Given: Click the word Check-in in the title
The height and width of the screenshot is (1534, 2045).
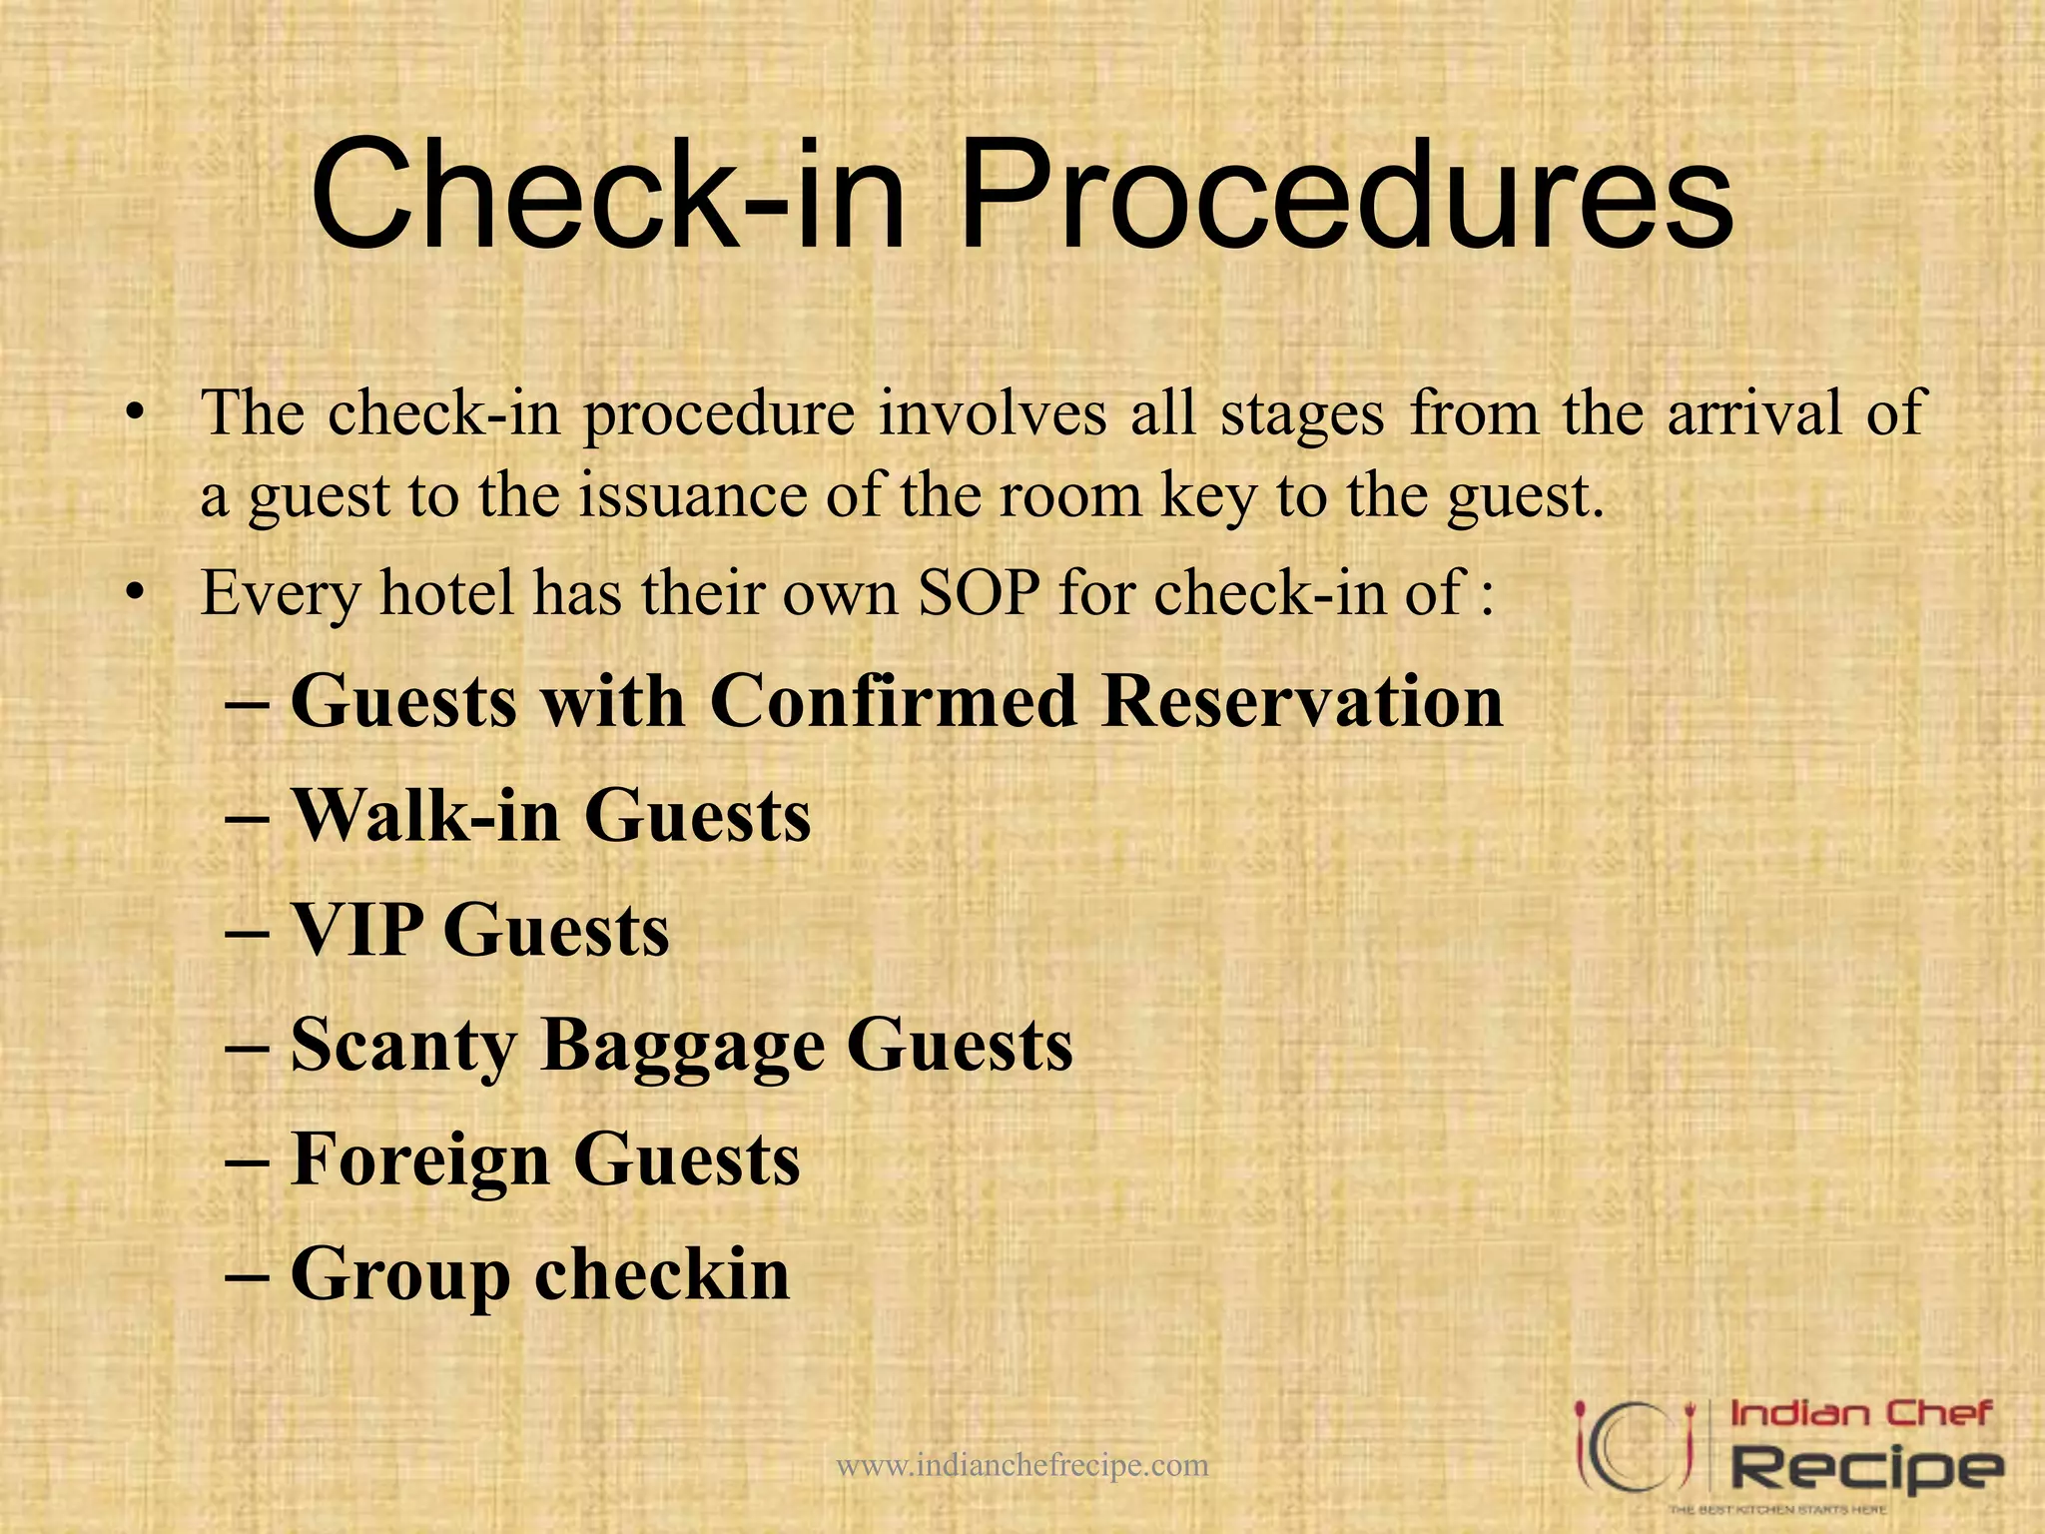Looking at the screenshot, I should (608, 195).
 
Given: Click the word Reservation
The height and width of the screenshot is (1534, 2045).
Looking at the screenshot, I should (1303, 701).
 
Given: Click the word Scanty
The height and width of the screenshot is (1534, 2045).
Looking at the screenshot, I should (403, 1046).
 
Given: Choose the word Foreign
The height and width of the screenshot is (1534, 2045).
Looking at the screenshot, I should (419, 1160).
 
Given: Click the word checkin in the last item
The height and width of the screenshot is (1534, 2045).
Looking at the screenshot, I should (663, 1274).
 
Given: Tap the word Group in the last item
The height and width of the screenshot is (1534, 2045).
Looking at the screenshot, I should (400, 1276).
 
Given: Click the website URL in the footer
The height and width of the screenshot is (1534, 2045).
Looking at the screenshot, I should (1022, 1466).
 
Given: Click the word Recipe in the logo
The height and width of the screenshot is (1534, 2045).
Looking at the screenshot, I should (1865, 1468).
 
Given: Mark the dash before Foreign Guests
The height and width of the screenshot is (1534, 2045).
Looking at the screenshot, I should (246, 1160).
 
